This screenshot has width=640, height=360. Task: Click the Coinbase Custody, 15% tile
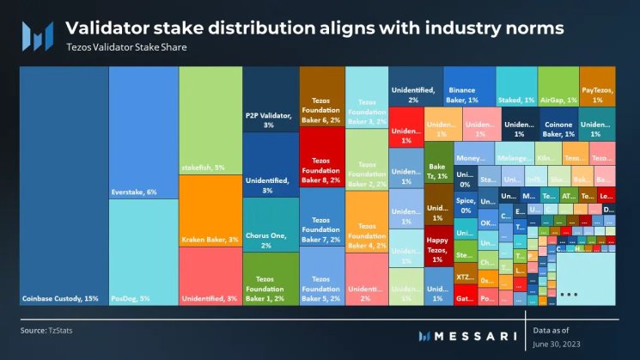(64, 185)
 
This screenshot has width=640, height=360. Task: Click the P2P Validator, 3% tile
(271, 120)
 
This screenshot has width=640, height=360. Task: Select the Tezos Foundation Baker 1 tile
(271, 278)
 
